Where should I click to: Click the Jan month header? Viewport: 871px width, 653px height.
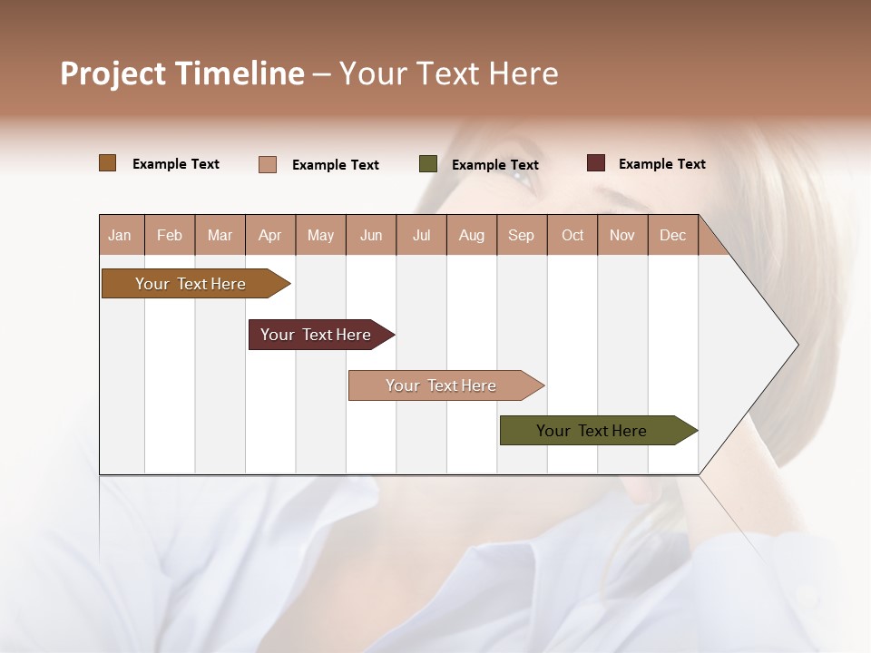(120, 235)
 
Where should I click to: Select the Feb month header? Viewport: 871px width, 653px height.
(170, 235)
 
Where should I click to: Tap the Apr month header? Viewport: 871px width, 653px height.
(269, 235)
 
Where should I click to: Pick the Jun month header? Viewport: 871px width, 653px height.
(371, 235)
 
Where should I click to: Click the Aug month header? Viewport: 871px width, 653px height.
(471, 235)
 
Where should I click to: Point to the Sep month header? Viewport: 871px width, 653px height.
(521, 235)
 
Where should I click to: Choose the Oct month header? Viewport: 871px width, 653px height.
(573, 235)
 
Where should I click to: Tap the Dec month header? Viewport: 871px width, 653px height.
(672, 235)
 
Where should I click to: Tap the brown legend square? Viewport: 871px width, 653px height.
(108, 163)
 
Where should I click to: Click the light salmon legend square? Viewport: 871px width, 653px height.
(268, 164)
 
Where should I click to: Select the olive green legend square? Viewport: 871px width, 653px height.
(428, 164)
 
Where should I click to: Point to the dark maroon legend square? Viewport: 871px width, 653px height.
(596, 163)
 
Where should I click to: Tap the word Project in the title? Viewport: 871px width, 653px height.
(113, 73)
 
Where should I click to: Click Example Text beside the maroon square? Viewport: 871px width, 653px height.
(661, 164)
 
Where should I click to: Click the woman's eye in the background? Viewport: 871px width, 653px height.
(524, 174)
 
